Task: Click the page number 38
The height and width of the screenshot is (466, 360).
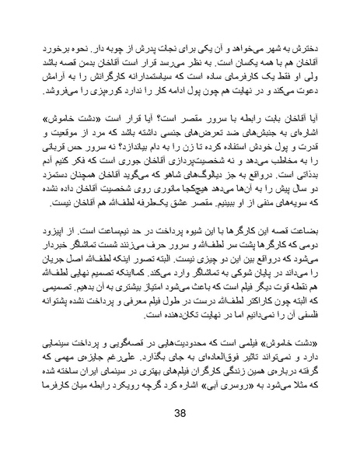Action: click(x=180, y=435)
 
